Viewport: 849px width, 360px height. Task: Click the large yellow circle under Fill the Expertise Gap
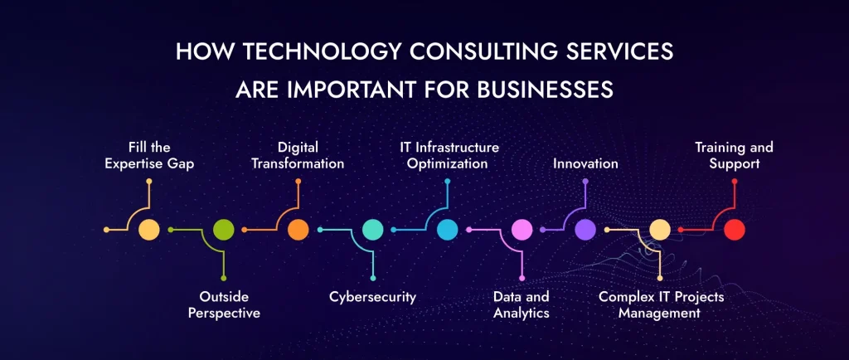point(149,230)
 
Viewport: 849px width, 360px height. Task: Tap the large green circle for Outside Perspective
point(224,230)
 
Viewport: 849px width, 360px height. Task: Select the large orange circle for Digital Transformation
point(298,230)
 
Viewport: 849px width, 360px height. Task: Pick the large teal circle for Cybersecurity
point(373,230)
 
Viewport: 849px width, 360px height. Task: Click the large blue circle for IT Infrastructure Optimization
point(448,230)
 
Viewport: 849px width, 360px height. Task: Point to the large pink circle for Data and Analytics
point(522,230)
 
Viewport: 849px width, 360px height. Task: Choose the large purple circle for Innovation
point(585,230)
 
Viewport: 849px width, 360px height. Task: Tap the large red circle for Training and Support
point(734,230)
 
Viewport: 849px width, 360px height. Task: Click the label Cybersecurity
point(372,296)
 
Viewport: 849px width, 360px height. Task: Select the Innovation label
point(585,163)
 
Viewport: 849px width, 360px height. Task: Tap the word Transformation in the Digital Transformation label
point(298,163)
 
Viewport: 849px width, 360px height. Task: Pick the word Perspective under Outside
point(224,313)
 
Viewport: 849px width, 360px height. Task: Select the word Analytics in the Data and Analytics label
point(522,313)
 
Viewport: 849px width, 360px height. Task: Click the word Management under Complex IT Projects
point(660,313)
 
